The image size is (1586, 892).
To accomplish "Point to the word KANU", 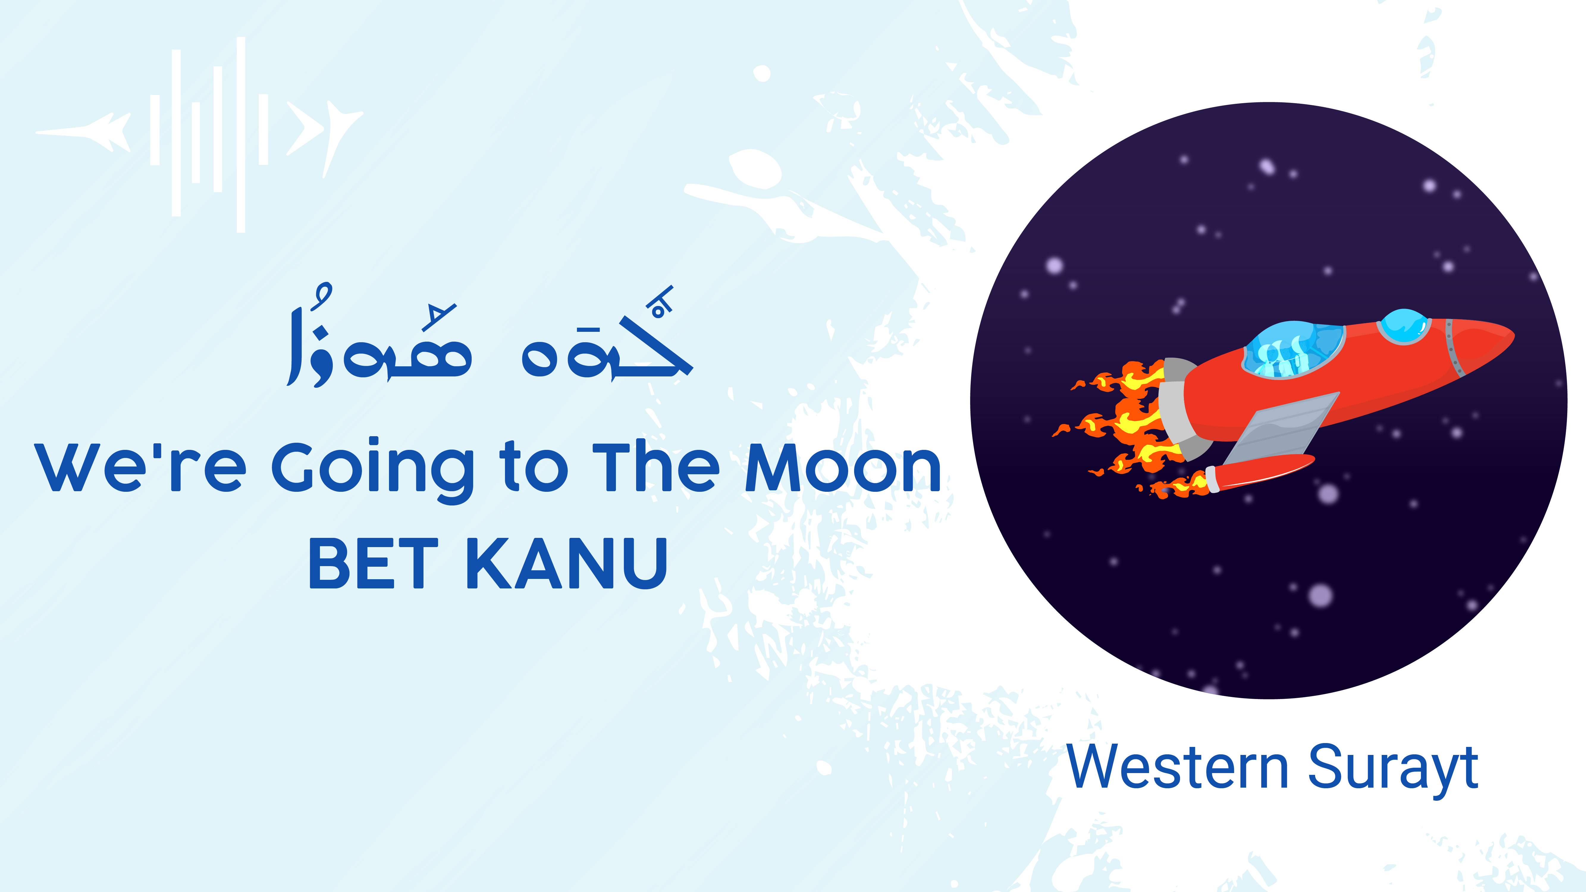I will click(x=567, y=563).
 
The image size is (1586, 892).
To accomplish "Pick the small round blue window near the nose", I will click(x=1404, y=326).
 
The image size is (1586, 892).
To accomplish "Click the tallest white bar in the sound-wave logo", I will click(x=241, y=135).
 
